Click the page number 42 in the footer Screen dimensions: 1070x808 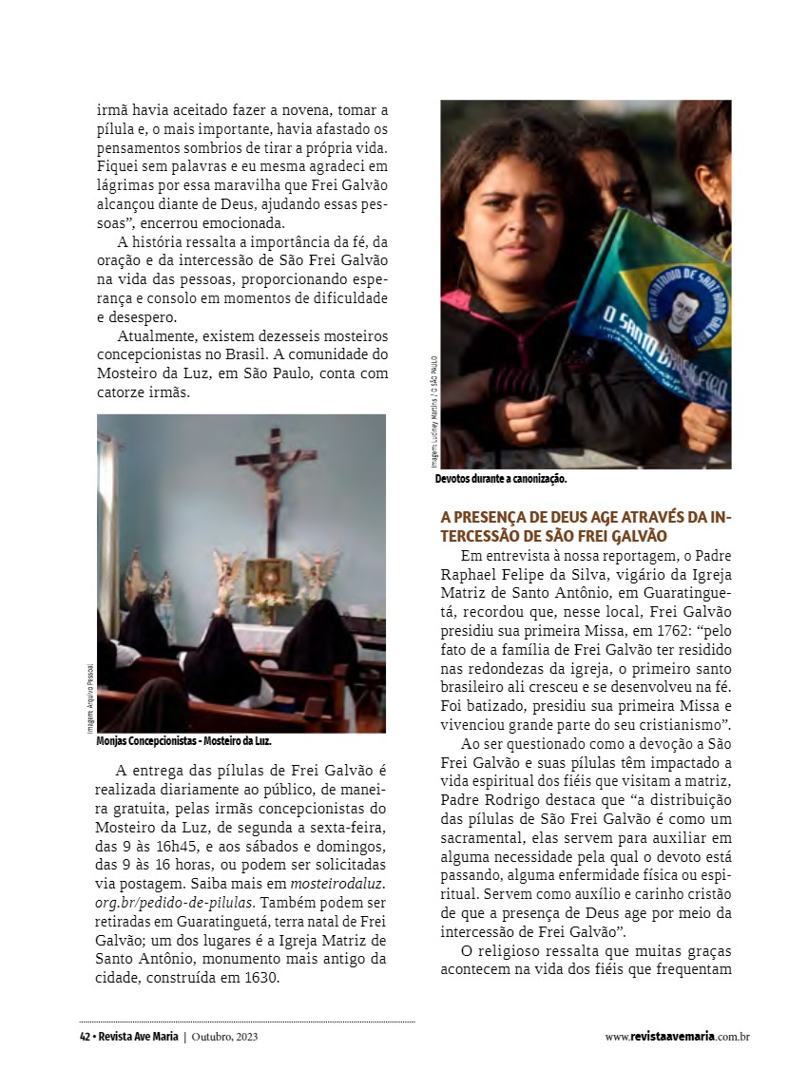[85, 1037]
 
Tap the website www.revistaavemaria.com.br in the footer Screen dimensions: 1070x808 [677, 1037]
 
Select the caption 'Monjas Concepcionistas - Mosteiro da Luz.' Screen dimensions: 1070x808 [184, 741]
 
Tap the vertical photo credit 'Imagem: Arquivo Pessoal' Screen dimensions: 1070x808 [90, 698]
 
